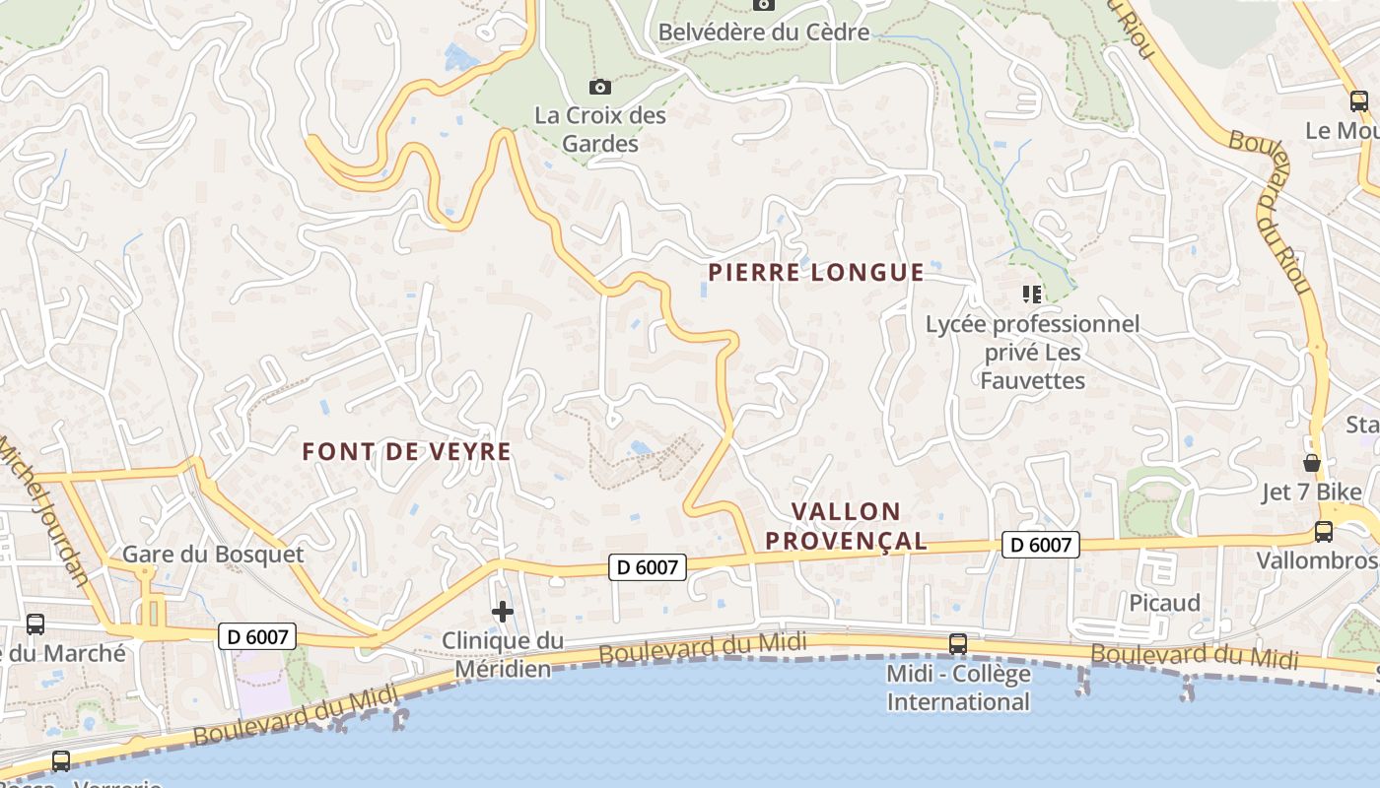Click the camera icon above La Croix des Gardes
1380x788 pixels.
(599, 87)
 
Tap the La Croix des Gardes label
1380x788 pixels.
(599, 129)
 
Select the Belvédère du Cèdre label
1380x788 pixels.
(763, 32)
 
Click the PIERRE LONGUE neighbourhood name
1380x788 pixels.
(816, 273)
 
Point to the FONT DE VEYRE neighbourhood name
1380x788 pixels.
(406, 452)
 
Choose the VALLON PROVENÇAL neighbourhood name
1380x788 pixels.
(847, 526)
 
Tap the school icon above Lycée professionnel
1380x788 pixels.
(1032, 294)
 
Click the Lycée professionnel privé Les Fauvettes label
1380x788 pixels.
(1032, 353)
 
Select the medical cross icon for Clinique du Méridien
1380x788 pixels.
(503, 612)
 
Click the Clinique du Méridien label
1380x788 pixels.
(503, 655)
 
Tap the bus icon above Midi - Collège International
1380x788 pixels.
(957, 644)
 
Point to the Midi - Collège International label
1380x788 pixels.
(957, 688)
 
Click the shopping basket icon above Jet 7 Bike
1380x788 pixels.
(1311, 462)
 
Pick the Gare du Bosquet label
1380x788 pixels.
(213, 555)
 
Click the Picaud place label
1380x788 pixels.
(1164, 603)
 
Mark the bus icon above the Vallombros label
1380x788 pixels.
(1323, 532)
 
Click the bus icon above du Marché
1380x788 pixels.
(35, 624)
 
